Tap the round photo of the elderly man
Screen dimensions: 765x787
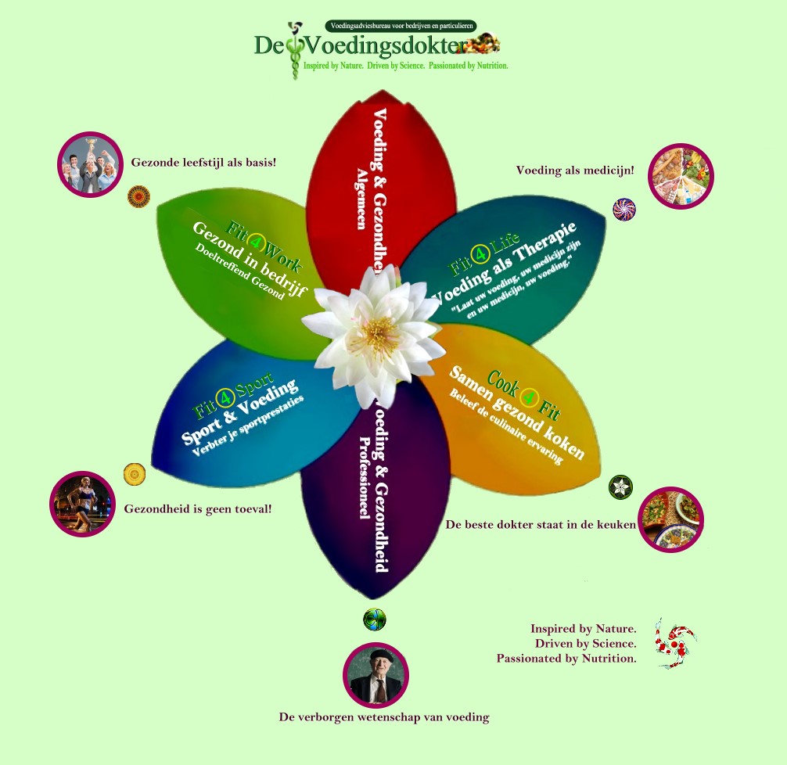[x=376, y=674]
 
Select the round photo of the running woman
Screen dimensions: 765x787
[x=82, y=504]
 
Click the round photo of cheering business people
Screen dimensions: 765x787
[x=91, y=164]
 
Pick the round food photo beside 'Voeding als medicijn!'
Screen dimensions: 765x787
[x=681, y=176]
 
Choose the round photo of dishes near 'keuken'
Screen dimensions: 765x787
[x=671, y=519]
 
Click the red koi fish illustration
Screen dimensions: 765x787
[x=674, y=642]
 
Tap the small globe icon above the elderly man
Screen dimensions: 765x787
[x=375, y=620]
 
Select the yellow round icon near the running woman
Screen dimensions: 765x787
[x=135, y=474]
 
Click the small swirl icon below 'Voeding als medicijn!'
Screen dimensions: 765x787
[x=624, y=210]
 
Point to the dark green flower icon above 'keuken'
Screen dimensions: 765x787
[x=620, y=487]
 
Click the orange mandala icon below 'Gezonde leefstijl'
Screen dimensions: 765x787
[x=138, y=196]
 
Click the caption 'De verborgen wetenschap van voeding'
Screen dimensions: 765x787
[x=384, y=717]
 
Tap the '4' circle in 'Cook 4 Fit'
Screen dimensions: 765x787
[x=530, y=398]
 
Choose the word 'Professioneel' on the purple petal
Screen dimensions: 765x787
[x=363, y=478]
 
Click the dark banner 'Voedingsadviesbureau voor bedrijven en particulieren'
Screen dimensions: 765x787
[x=401, y=26]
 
